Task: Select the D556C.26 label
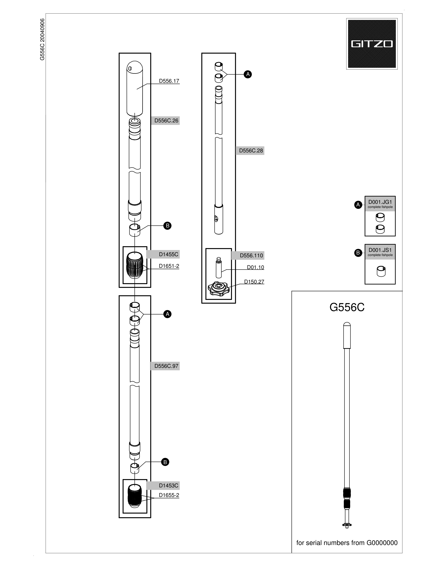tap(166, 121)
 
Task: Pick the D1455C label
tap(169, 254)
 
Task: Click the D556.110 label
tap(251, 255)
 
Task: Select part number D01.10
tap(255, 267)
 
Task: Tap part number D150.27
tap(254, 282)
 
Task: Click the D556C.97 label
tap(166, 366)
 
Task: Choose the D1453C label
tap(169, 486)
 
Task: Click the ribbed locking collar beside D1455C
tap(135, 265)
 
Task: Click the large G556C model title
tap(347, 307)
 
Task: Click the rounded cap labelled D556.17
tap(135, 88)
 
